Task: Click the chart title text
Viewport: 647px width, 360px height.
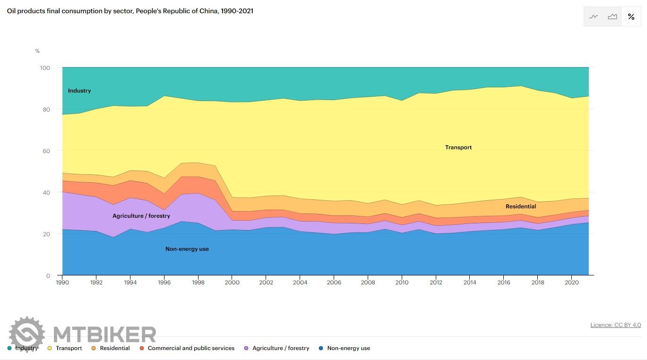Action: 130,11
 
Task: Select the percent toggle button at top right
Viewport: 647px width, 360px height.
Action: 631,17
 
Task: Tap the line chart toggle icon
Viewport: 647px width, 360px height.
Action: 594,17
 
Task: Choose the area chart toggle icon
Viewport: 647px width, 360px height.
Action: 612,17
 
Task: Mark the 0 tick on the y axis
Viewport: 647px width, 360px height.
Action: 48,275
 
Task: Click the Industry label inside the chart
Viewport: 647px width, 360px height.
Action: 79,91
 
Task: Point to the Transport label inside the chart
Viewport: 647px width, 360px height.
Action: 458,147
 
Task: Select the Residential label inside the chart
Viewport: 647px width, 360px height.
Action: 521,206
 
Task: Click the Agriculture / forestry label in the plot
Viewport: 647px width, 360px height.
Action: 141,216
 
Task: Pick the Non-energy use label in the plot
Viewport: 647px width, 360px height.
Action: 187,249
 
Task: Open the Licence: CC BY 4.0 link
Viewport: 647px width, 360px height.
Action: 615,325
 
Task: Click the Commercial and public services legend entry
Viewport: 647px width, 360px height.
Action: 191,348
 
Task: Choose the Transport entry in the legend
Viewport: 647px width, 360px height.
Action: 69,348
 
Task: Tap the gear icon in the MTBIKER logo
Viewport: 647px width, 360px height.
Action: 27,334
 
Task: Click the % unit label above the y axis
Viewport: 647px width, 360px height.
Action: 37,51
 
